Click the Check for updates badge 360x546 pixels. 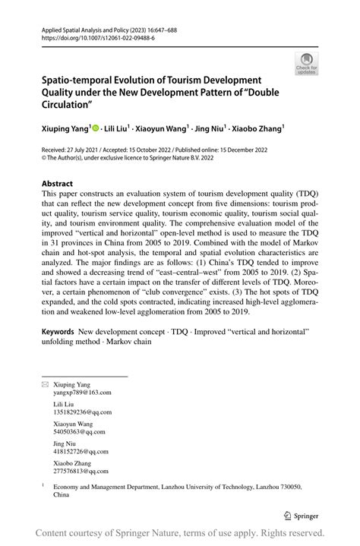[x=307, y=63]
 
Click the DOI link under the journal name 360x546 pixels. [x=87, y=36]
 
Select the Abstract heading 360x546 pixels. [x=57, y=184]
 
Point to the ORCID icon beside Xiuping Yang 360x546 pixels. [x=96, y=130]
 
